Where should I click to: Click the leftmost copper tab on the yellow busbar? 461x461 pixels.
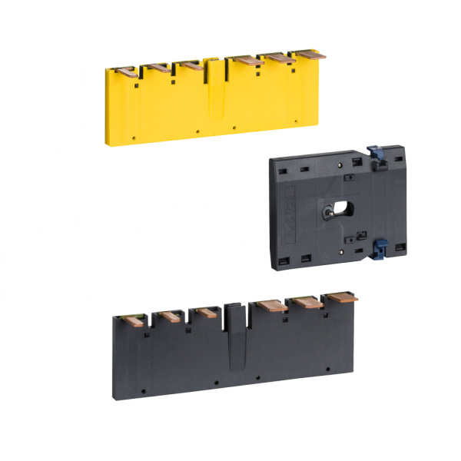127,71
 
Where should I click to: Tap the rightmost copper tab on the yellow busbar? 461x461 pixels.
307,55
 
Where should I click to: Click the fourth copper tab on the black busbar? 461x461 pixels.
270,305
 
